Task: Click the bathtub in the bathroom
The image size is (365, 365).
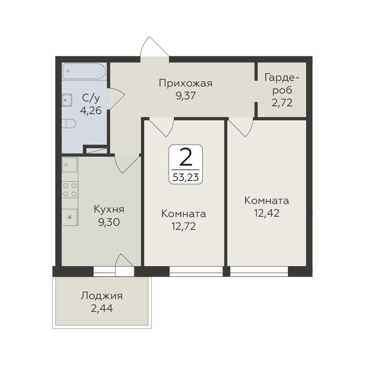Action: pos(84,71)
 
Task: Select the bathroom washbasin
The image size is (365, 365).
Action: pos(67,100)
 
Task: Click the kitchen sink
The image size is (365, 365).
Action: pos(70,165)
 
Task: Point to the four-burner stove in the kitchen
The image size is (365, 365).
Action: pos(70,190)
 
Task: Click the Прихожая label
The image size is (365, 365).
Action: pos(185,83)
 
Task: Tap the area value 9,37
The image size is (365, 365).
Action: pos(185,96)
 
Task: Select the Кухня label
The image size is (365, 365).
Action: pos(109,209)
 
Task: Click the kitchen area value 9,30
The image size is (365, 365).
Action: pos(109,222)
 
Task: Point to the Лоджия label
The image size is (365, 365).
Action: pos(102,296)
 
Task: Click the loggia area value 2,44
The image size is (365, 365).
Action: pos(102,309)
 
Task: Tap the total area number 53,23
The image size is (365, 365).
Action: pos(185,178)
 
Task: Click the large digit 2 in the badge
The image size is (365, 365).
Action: pos(186,157)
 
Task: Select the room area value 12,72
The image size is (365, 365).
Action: pos(183,226)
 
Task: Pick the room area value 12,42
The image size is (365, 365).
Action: pos(267,213)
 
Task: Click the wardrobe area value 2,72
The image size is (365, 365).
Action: pos(282,103)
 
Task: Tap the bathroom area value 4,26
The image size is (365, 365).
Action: pos(91,110)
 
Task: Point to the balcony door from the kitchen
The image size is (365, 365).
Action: pos(125,265)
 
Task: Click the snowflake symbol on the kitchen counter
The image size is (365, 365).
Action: pos(70,217)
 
